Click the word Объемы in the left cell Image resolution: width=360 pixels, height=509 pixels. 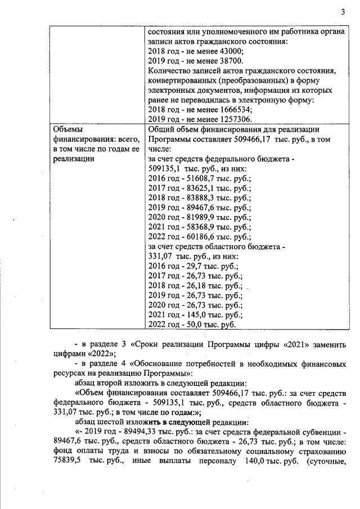(x=67, y=129)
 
